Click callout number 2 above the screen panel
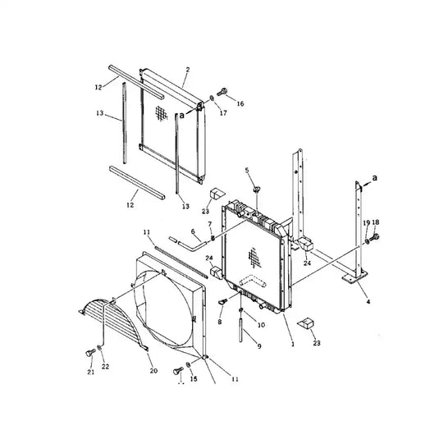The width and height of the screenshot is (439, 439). click(x=186, y=71)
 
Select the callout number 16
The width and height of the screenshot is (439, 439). click(x=240, y=104)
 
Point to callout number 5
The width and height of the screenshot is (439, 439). click(x=246, y=170)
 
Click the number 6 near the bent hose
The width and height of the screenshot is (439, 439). click(x=194, y=232)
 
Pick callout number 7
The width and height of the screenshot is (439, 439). click(x=209, y=224)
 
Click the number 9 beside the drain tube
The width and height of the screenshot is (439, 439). click(x=259, y=347)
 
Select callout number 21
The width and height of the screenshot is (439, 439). click(x=91, y=373)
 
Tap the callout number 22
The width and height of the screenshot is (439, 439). click(x=104, y=366)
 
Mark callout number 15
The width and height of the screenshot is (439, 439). click(x=194, y=378)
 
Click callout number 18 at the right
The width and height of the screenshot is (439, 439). click(x=376, y=222)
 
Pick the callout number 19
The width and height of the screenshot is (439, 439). click(x=366, y=222)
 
